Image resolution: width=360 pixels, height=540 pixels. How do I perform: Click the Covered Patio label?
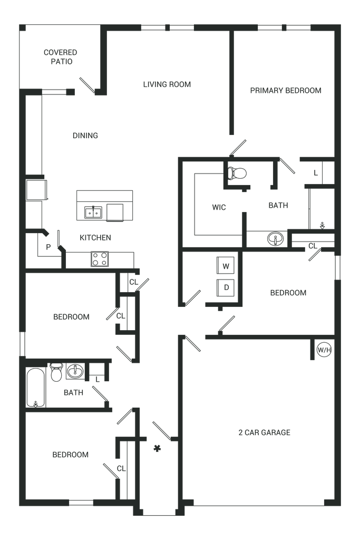click(x=61, y=56)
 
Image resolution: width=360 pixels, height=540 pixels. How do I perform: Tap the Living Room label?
click(x=167, y=84)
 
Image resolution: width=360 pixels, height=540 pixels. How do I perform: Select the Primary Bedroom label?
click(x=286, y=91)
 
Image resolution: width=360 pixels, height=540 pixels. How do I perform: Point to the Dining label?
click(x=85, y=136)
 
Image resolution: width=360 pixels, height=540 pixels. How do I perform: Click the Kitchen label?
click(x=95, y=238)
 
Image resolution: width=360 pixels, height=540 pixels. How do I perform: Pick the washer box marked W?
click(x=226, y=267)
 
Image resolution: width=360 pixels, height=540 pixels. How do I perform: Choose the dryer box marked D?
click(x=226, y=287)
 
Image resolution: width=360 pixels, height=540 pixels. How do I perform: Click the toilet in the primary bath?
click(x=237, y=172)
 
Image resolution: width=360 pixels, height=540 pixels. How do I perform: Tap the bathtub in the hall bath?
click(x=35, y=387)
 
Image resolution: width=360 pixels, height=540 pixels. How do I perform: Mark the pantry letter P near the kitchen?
click(x=48, y=246)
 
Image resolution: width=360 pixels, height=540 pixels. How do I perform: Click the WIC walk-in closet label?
click(x=219, y=208)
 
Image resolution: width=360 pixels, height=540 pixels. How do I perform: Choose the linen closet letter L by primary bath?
click(x=315, y=172)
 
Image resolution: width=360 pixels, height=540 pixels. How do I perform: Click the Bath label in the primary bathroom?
click(x=279, y=206)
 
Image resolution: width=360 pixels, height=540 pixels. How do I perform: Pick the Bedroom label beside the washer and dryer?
click(x=288, y=293)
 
